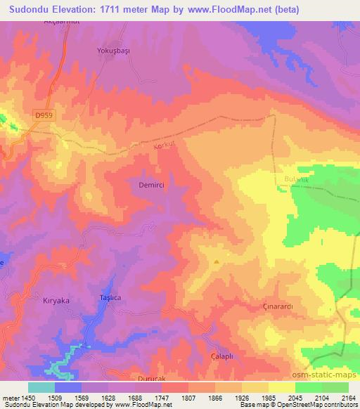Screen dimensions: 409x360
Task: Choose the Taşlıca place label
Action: [109, 299]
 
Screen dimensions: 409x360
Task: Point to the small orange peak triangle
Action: [217, 262]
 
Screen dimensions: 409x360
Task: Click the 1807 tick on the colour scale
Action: [188, 397]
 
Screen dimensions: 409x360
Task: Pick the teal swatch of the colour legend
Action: [41, 387]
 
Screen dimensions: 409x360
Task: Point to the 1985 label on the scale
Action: [269, 397]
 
